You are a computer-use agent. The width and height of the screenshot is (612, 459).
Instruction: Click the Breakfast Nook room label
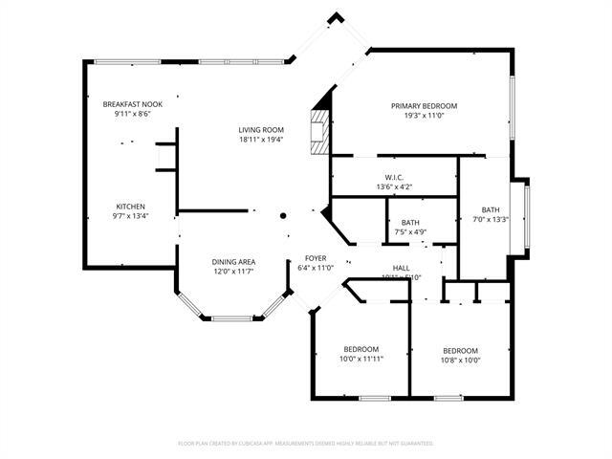(132, 103)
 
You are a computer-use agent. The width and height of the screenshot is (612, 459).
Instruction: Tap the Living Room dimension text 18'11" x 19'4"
(261, 140)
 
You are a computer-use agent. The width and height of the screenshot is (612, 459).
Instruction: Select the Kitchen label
(131, 206)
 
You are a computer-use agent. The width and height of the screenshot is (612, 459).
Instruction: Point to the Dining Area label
(232, 261)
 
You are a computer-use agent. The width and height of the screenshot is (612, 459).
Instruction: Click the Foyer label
(316, 258)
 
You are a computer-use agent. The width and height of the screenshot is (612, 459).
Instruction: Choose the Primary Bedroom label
(424, 105)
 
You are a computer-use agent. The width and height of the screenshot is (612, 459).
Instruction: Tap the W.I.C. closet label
(394, 177)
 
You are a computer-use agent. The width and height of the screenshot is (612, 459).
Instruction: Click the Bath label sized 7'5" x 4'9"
(409, 222)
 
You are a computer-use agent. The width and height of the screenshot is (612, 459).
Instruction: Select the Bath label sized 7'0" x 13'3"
(490, 209)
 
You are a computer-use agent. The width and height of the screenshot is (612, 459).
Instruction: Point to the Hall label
(402, 268)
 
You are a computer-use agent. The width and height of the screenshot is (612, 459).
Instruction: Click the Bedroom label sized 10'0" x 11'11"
(361, 349)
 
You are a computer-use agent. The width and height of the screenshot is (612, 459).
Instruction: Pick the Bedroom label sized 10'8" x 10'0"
(460, 350)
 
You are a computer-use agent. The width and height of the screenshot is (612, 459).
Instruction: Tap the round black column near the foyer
(283, 216)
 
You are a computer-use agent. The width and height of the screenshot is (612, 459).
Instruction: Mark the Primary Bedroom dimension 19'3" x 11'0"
(424, 115)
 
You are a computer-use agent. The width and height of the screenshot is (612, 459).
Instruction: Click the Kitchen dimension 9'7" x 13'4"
(131, 215)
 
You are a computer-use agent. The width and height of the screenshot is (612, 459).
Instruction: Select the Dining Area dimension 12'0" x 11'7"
(232, 271)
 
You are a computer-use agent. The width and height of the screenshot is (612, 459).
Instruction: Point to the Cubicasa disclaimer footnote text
(306, 443)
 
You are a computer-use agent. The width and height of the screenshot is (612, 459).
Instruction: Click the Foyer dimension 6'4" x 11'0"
(316, 268)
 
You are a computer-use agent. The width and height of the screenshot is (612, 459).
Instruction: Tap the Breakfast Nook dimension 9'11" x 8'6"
(132, 113)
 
